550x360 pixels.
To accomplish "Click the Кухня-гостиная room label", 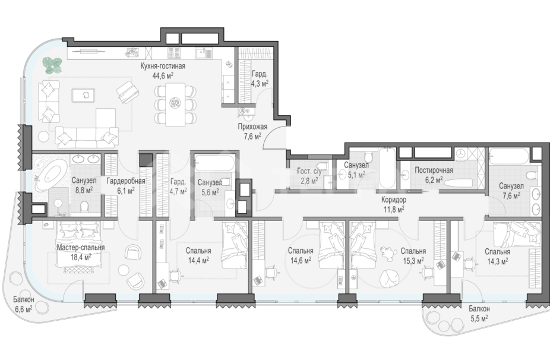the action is (163, 66).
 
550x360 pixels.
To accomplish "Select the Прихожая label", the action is (252, 127).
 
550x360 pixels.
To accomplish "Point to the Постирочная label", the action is (434, 170).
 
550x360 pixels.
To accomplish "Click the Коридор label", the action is (394, 200).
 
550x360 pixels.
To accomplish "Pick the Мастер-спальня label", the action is (81, 247).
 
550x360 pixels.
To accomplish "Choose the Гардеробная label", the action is (125, 181).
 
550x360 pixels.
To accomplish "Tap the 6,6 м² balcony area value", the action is (24, 309).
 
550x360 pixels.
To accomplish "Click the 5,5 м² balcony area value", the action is (479, 318).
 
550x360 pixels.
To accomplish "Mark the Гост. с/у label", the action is (309, 171).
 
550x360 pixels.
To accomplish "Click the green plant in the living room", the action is (53, 65).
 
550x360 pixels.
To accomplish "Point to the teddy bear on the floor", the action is (387, 253).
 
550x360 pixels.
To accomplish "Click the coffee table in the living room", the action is (83, 94).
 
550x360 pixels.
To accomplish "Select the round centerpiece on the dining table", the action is (175, 103).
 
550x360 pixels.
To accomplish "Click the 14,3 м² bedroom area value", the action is (497, 261).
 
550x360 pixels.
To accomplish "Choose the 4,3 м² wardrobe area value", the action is (260, 83).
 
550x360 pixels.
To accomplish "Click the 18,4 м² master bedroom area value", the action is (80, 257).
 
